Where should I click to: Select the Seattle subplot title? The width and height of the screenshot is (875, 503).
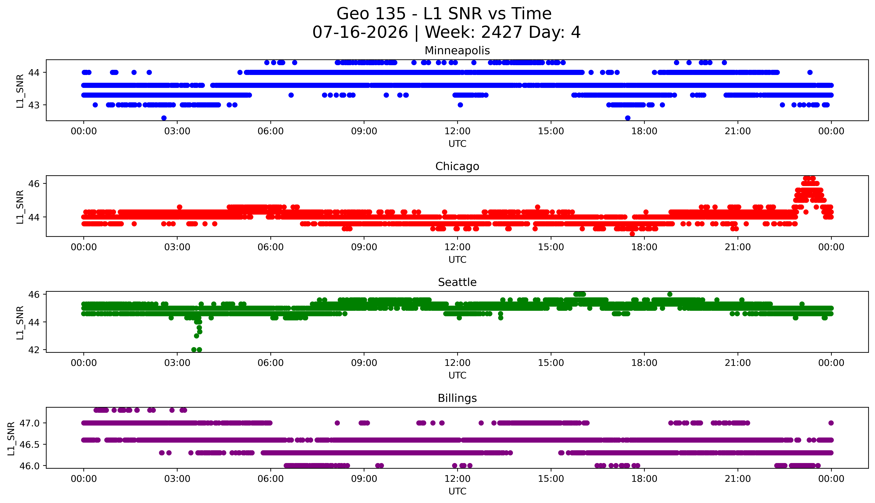tap(457, 282)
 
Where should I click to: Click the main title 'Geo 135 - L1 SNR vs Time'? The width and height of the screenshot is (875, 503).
tap(444, 14)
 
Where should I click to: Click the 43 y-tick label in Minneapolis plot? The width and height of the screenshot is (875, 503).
tap(34, 105)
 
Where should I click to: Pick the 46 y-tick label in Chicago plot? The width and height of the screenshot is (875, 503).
tap(34, 184)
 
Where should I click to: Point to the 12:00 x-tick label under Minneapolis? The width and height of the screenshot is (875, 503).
tap(458, 131)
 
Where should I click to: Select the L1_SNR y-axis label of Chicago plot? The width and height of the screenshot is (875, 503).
tap(20, 207)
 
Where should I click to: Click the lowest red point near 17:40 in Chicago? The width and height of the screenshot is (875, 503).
tap(632, 234)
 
